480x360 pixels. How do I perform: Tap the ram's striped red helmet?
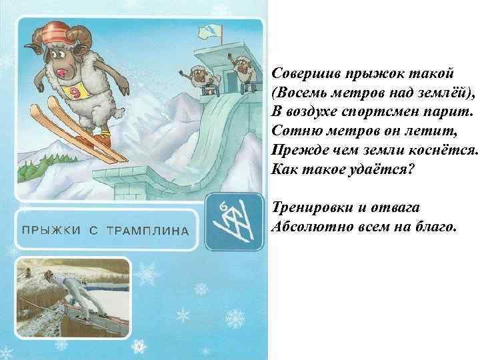click(57, 34)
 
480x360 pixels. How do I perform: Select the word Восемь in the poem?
click(298, 89)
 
